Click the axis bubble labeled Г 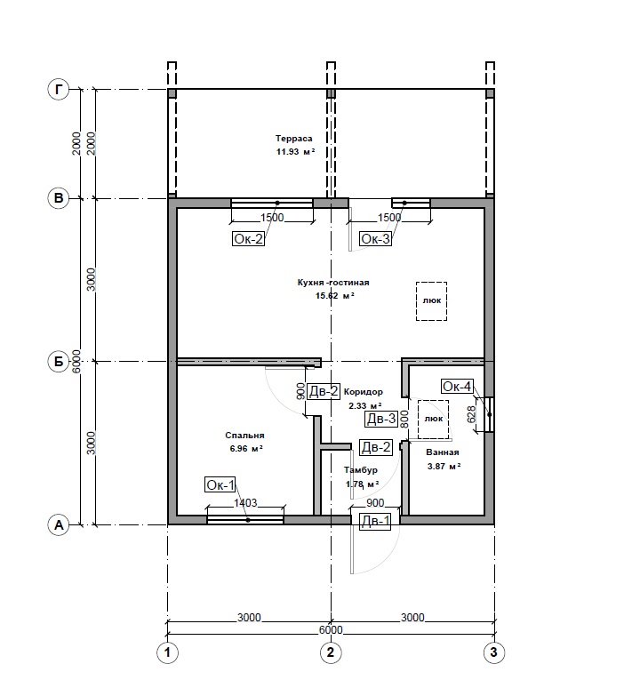tap(59, 90)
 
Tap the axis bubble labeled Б tap(59, 362)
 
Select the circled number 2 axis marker tap(331, 652)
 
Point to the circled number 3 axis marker tap(493, 652)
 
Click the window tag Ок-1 tap(220, 484)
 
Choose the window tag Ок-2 tap(248, 239)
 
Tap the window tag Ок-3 tap(375, 239)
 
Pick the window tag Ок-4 tap(457, 386)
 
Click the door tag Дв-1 tap(375, 521)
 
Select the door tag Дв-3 tap(381, 419)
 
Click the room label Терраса tap(294, 138)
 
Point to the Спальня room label tap(244, 436)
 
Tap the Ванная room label tap(443, 452)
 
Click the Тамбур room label tap(361, 470)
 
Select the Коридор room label tap(364, 392)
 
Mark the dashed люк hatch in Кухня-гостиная tap(431, 301)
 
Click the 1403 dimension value tap(245, 503)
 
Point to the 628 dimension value tap(471, 413)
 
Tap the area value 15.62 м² tap(335, 295)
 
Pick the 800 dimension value tap(404, 419)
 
